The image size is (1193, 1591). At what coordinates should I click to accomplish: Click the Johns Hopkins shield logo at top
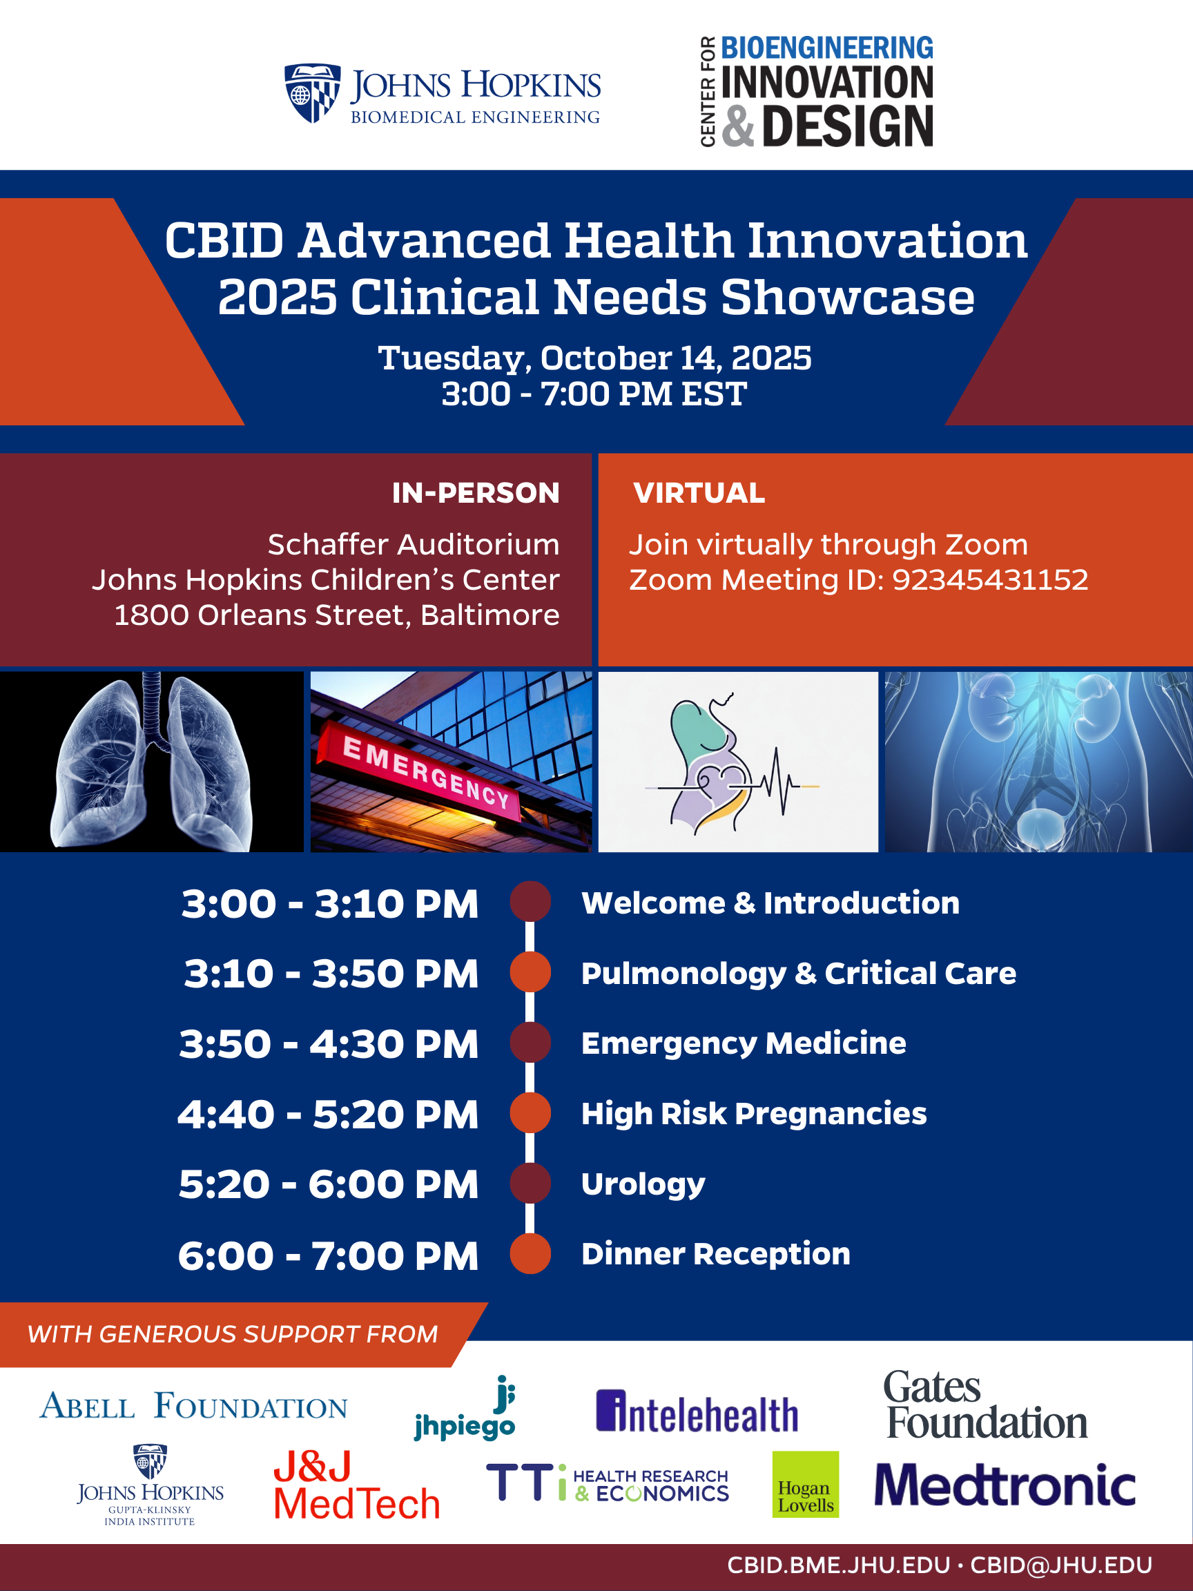(x=312, y=93)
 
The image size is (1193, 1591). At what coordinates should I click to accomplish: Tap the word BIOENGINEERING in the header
(x=827, y=48)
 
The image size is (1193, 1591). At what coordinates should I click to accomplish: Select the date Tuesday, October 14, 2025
(x=595, y=358)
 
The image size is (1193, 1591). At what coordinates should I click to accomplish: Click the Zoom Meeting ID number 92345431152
(x=990, y=580)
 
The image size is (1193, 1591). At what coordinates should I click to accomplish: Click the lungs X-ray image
(x=152, y=762)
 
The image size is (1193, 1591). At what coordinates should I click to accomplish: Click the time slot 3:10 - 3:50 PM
(x=331, y=974)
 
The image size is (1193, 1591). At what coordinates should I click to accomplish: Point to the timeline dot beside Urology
(x=531, y=1183)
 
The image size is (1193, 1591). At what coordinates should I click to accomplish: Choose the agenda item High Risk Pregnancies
(x=754, y=1114)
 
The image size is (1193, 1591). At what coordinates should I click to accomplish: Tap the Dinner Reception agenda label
(x=715, y=1253)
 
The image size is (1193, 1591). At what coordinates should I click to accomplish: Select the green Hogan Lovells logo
(x=806, y=1485)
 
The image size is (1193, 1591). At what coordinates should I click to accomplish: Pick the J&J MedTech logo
(x=357, y=1485)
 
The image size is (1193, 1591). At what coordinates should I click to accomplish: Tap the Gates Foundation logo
(x=986, y=1405)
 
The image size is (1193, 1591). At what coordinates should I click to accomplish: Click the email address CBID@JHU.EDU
(x=1060, y=1565)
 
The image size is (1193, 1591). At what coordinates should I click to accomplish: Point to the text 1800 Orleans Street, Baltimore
(x=336, y=615)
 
